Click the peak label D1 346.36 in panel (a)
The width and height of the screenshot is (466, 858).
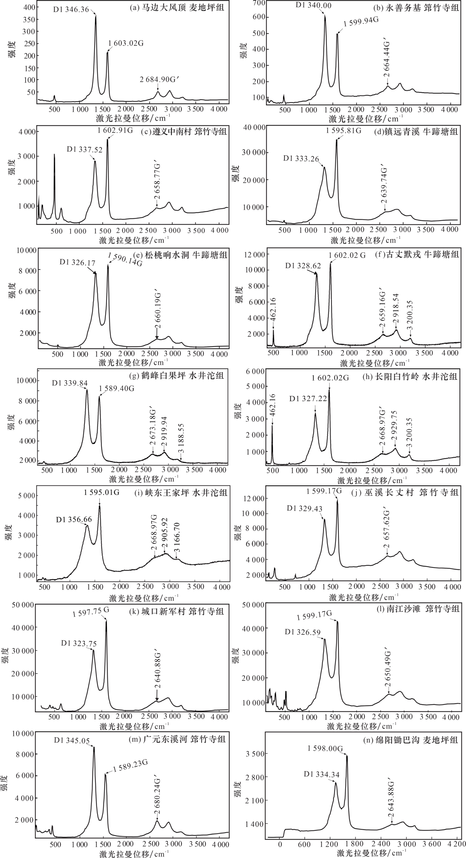[x=71, y=9]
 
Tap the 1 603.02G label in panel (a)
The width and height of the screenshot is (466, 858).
[x=126, y=43]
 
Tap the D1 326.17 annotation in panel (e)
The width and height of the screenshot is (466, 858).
[x=78, y=262]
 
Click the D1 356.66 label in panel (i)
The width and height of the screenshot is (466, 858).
[x=74, y=519]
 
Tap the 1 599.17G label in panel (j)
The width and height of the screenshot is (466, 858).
[x=324, y=491]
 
